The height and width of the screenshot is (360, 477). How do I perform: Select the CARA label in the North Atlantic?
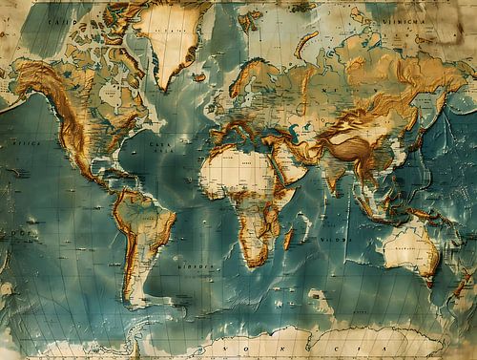161,145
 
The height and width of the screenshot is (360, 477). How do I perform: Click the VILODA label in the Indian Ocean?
333,239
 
